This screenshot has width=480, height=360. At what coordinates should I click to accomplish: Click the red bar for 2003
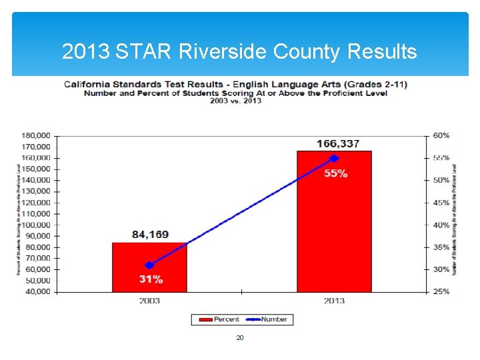(x=149, y=267)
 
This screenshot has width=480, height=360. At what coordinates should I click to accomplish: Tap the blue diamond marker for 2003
(x=149, y=265)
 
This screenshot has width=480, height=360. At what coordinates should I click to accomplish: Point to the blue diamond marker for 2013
(x=335, y=158)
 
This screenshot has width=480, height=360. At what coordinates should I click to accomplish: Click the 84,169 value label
(x=150, y=235)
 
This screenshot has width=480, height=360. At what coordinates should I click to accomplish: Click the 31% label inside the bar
(x=151, y=279)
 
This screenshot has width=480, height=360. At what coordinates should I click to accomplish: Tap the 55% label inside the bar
(x=336, y=173)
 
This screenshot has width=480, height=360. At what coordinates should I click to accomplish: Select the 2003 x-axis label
(x=149, y=301)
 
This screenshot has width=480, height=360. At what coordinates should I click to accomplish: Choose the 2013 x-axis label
(x=334, y=301)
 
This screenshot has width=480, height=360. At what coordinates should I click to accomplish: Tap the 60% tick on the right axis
(x=441, y=135)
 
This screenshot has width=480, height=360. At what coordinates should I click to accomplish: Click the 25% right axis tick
(x=441, y=292)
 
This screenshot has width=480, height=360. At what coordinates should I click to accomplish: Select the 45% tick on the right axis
(x=441, y=203)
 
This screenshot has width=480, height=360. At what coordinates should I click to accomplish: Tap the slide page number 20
(x=240, y=338)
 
